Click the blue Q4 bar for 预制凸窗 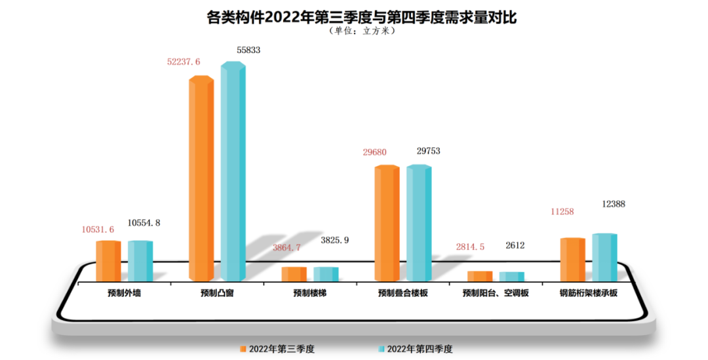pyautogui.click(x=233, y=170)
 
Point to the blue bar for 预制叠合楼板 pyautogui.click(x=419, y=224)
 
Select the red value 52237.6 pyautogui.click(x=184, y=62)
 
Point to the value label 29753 pyautogui.click(x=428, y=151)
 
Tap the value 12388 pyautogui.click(x=614, y=205)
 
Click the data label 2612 pyautogui.click(x=515, y=246)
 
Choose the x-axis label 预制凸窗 pyautogui.click(x=217, y=293)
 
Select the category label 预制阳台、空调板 pyautogui.click(x=496, y=293)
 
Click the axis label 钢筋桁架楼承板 pyautogui.click(x=588, y=293)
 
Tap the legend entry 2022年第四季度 pyautogui.click(x=416, y=350)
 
